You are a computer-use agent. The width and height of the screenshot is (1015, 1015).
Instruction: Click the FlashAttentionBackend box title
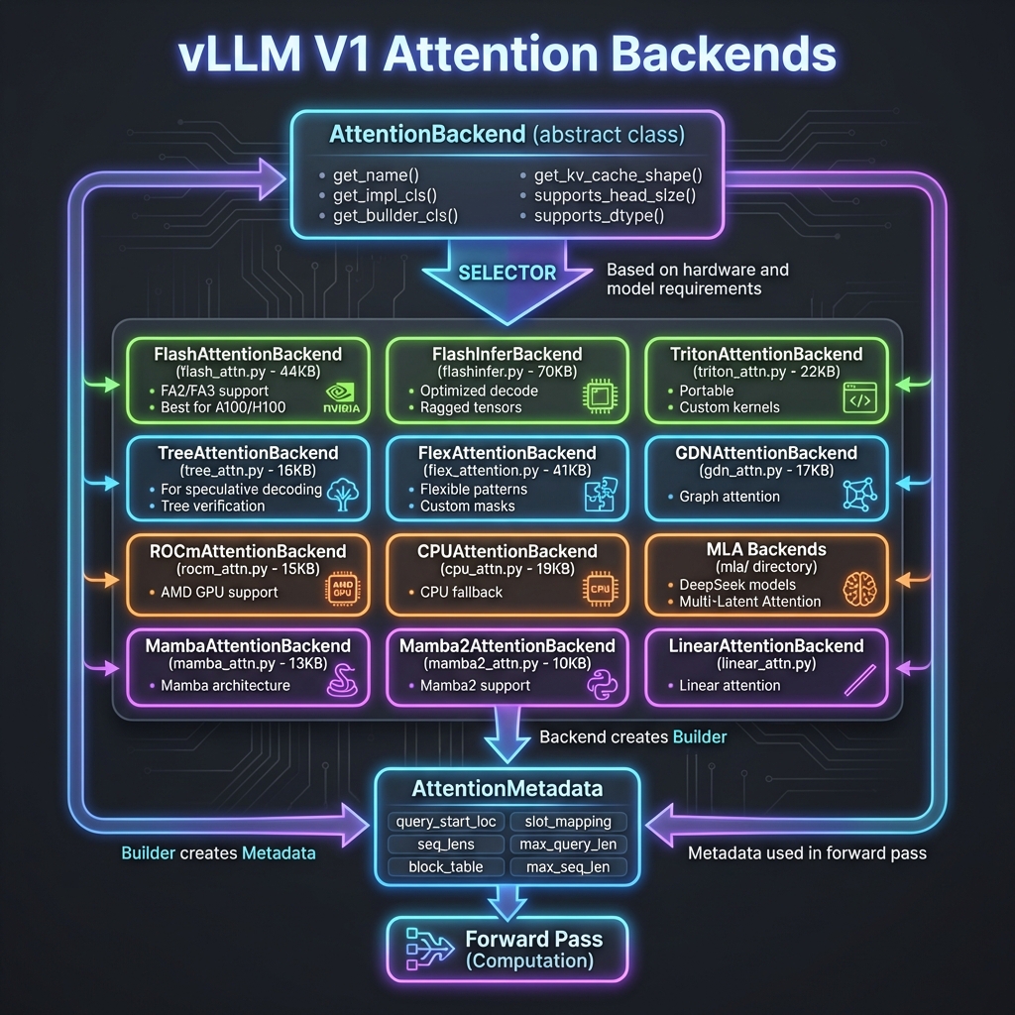pos(248,354)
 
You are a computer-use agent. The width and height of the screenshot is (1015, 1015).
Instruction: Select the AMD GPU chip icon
pos(342,591)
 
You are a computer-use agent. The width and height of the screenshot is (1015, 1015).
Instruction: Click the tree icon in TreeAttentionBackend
pos(341,496)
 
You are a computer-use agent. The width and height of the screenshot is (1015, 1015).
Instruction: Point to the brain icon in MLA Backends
pos(857,591)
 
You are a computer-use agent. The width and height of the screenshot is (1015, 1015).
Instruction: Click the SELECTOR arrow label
pos(507,273)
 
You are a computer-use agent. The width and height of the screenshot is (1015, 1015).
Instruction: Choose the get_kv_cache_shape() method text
pos(618,175)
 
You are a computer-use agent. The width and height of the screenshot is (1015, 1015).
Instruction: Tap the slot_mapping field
pos(568,822)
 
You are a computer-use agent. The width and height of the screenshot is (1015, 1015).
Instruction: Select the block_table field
pos(446,866)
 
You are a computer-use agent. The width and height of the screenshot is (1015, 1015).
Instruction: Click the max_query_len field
pos(568,845)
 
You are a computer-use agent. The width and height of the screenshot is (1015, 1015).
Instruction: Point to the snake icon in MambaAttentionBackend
pos(342,684)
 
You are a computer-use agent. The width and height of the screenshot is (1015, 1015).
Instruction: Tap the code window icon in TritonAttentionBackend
pos(857,399)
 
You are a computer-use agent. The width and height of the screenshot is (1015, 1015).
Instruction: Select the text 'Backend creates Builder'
pos(633,737)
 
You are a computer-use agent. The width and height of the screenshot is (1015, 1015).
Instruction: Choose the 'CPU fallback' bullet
pos(461,592)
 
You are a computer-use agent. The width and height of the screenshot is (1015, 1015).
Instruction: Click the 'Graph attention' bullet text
pos(730,497)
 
